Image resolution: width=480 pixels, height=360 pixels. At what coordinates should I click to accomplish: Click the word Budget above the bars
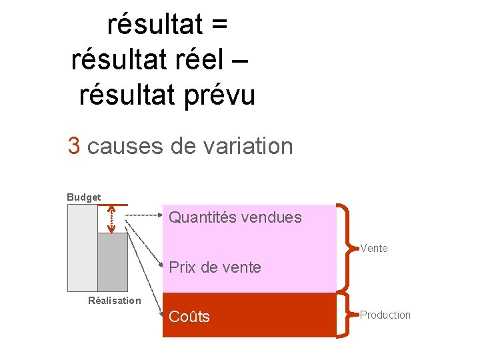tap(83, 197)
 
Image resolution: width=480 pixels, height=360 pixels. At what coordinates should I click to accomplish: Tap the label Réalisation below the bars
tap(115, 301)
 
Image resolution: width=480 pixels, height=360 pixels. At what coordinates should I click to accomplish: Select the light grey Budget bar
tap(82, 247)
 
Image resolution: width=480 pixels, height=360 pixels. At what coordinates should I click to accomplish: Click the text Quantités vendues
tap(235, 217)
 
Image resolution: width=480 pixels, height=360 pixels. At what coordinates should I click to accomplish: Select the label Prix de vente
tap(215, 268)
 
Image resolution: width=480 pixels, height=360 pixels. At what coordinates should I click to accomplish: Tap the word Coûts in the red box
tap(189, 317)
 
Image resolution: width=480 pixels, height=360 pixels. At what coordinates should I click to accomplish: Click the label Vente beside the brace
tap(373, 249)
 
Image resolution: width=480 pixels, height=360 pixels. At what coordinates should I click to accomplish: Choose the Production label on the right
tap(385, 315)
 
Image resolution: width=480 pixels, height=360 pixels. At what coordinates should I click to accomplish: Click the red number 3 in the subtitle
tap(74, 145)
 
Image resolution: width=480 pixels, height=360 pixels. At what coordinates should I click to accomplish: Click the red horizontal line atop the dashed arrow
tap(112, 204)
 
